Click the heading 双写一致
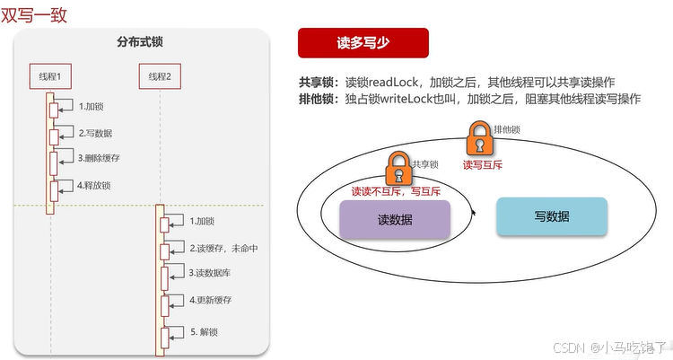pos(33,15)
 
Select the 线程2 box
pos(160,76)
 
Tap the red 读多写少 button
pos(363,42)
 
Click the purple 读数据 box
pos(395,219)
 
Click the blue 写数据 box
pos(552,216)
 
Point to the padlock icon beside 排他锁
pos(478,139)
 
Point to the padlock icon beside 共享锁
pos(398,167)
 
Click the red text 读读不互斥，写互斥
pos(396,191)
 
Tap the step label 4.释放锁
pos(93,185)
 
